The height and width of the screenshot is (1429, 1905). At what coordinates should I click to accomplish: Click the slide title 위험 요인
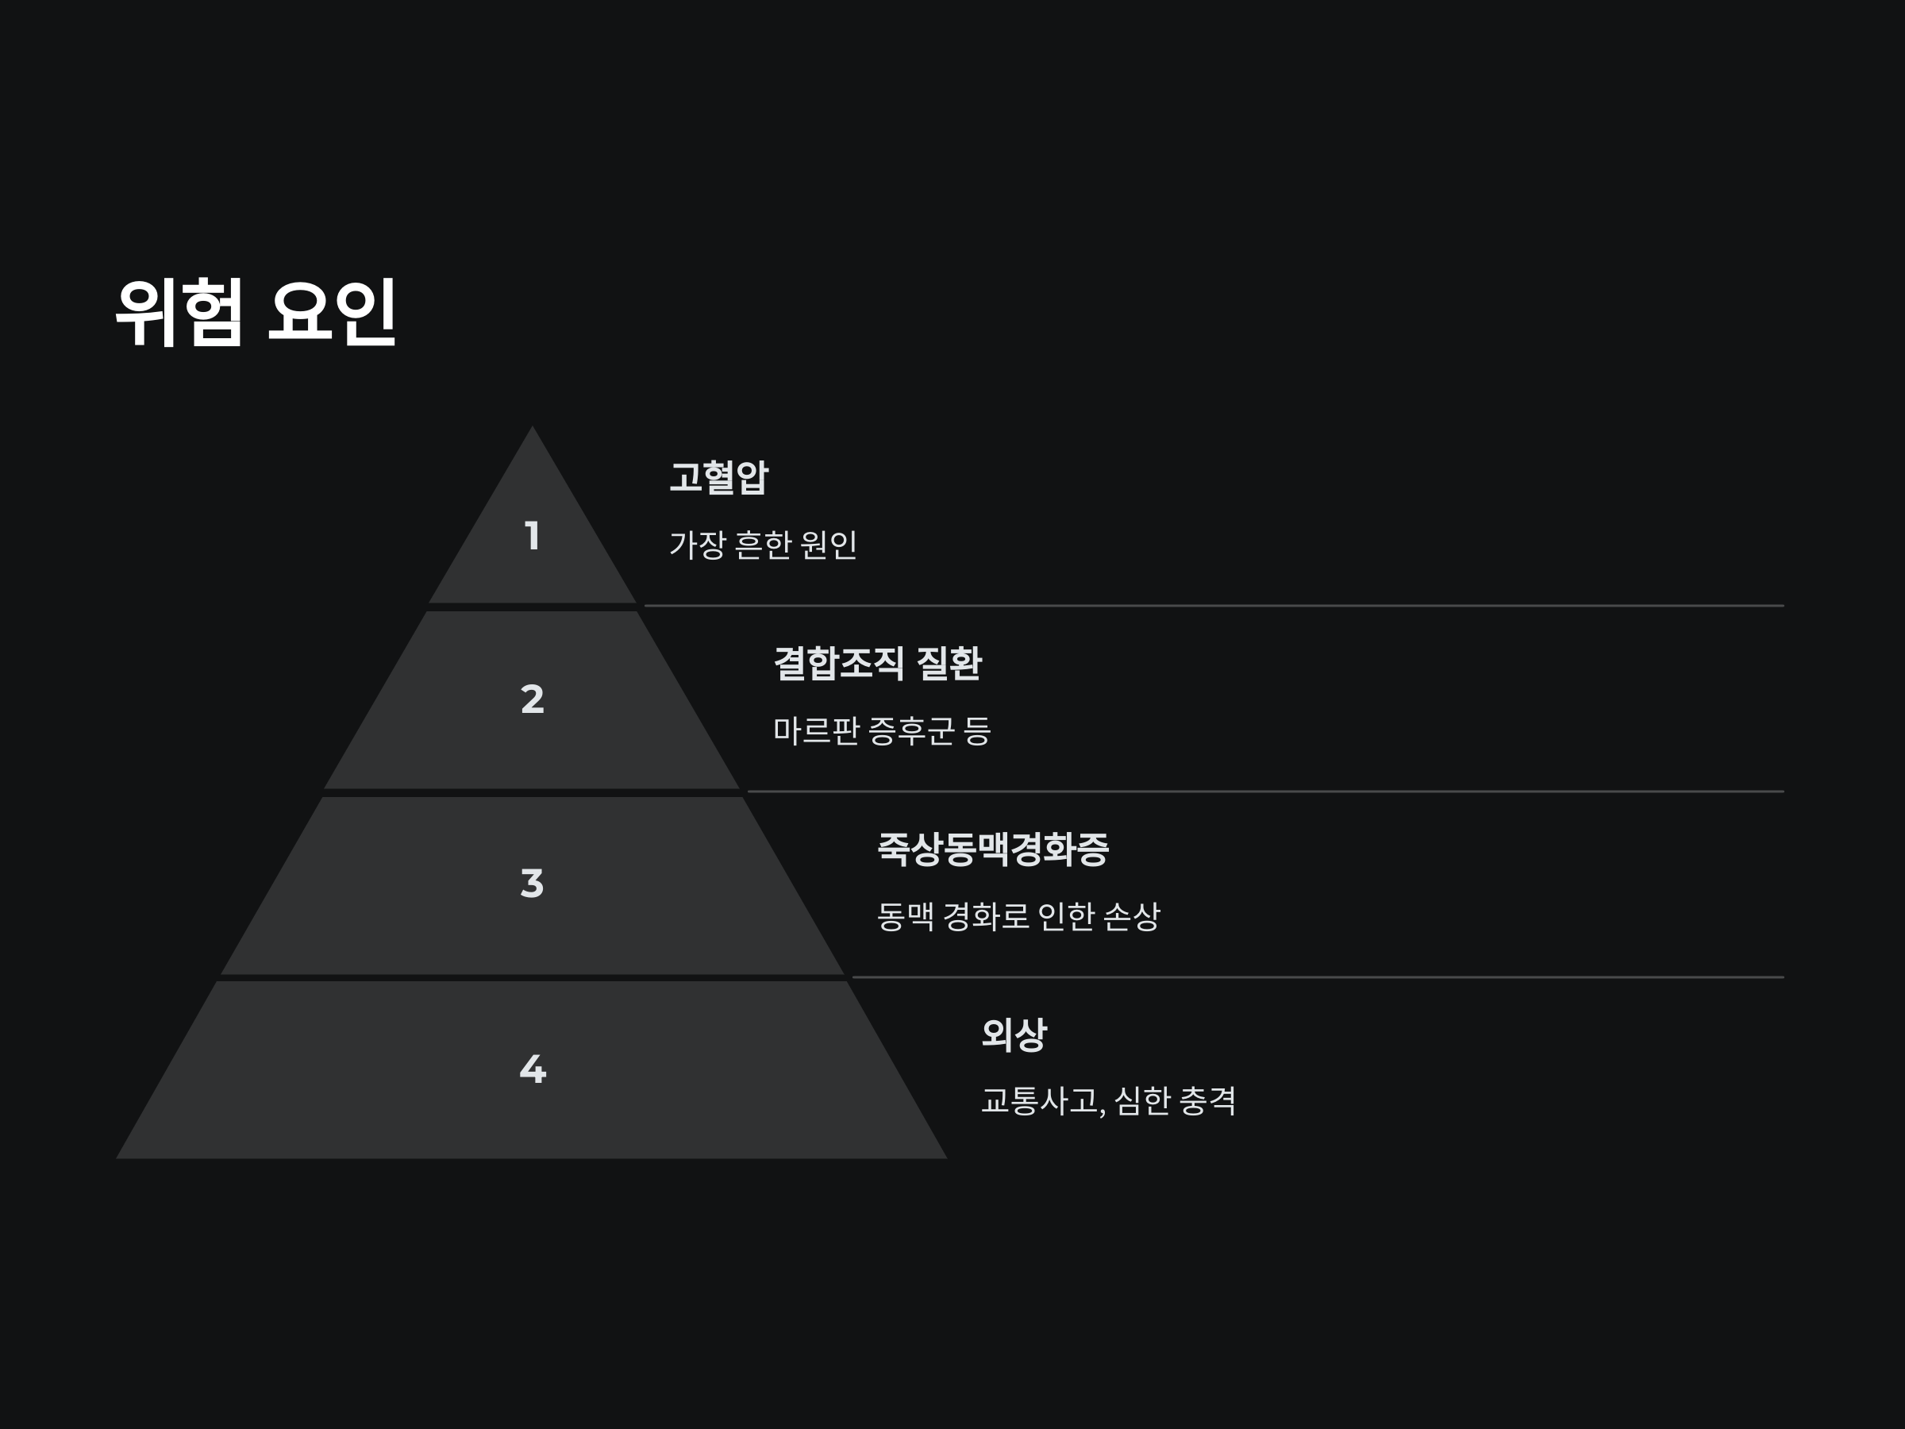(256, 312)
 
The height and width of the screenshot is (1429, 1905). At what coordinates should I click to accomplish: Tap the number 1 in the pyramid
(533, 536)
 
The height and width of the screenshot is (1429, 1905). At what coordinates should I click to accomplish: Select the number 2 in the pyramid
(533, 699)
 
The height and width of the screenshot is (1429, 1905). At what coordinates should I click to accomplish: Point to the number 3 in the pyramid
(533, 884)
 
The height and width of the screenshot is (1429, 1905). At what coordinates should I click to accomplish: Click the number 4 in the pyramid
(533, 1069)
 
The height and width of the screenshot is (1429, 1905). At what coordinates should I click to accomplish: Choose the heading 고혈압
(718, 477)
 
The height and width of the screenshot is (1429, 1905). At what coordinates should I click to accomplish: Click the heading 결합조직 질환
(877, 663)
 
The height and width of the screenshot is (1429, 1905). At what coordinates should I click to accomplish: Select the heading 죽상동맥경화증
(992, 849)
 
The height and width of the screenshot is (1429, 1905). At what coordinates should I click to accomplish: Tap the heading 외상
(1014, 1034)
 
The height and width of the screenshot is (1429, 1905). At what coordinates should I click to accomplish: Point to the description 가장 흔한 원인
(763, 545)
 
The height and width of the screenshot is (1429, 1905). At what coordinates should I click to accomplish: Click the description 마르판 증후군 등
(882, 730)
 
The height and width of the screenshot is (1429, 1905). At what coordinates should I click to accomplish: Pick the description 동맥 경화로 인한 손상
(1018, 915)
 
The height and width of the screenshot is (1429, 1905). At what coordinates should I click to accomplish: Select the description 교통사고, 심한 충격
(1108, 1101)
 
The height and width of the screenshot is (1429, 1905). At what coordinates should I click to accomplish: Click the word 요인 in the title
(333, 312)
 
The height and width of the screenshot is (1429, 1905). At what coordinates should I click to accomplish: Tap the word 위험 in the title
(179, 312)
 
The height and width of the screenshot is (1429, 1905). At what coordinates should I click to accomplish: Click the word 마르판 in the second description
(815, 730)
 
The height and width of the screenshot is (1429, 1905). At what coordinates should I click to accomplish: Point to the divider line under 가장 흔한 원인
(1214, 606)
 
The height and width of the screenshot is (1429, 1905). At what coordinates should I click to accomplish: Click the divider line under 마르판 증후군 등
(1265, 791)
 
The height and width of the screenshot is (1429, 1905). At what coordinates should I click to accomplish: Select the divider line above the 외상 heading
(1318, 976)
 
